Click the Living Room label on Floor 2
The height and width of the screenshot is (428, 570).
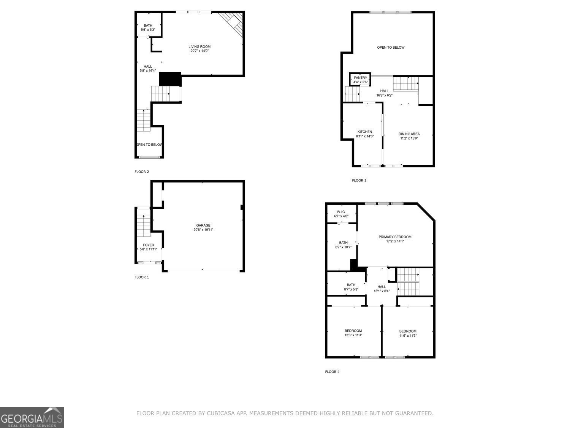click(199, 47)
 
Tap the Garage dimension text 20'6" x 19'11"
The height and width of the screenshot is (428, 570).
click(203, 230)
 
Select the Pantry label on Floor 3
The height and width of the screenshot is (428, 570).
click(360, 78)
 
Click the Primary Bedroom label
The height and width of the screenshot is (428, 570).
click(395, 237)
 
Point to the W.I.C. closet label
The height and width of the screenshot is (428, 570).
click(341, 212)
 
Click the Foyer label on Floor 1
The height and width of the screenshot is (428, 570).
click(148, 245)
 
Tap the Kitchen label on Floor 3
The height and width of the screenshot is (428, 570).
click(364, 132)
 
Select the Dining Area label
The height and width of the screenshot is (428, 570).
click(409, 134)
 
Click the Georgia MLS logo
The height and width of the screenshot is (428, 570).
click(32, 417)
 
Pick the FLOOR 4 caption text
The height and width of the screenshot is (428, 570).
click(332, 372)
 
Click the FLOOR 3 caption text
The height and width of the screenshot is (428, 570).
click(359, 180)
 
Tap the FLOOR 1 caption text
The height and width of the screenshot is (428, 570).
click(142, 277)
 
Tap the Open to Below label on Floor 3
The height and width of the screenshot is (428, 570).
click(391, 48)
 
